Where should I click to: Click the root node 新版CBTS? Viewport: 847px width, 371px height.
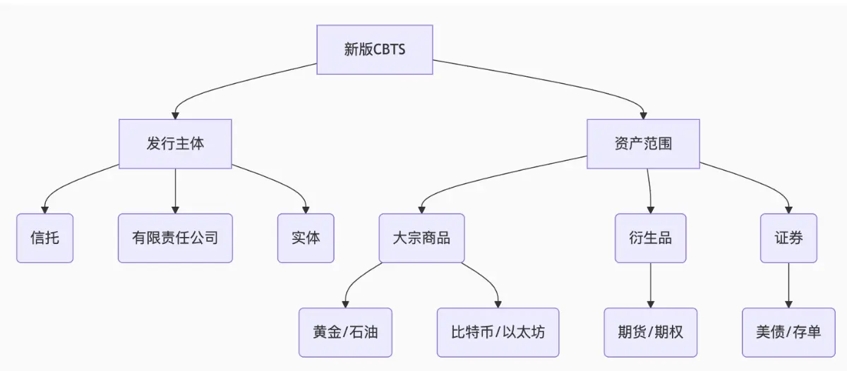coord(374,49)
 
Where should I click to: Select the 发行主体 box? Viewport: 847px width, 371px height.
coord(175,144)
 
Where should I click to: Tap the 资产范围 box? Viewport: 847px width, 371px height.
coord(643,144)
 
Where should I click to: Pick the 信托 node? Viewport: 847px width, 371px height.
coord(44,238)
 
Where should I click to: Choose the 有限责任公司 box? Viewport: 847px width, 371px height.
coord(175,238)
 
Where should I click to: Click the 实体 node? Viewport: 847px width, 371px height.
coord(306,238)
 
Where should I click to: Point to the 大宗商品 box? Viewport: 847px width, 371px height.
coord(421,238)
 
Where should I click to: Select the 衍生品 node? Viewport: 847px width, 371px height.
coord(650,238)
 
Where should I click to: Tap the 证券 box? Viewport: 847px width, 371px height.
coord(788,238)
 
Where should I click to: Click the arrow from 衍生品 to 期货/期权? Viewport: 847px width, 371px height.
coord(650,285)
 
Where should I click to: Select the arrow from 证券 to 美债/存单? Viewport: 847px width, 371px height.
coord(788,285)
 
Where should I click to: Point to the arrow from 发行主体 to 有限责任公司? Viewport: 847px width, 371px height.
coord(175,190)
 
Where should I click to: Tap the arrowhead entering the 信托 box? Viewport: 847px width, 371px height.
coord(44,209)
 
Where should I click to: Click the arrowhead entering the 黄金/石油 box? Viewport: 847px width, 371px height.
coord(345,303)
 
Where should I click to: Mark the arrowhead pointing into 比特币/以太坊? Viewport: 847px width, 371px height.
coord(498,303)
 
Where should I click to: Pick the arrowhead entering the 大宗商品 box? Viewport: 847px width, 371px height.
coord(421,209)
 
